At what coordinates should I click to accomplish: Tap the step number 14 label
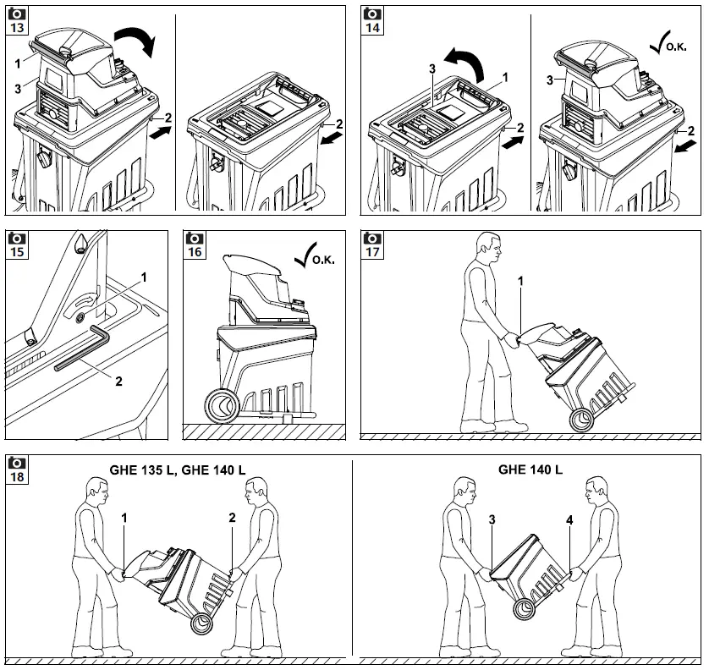pos(372,27)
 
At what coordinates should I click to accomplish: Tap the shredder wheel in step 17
pos(582,420)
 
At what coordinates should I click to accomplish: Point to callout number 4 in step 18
pos(569,521)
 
